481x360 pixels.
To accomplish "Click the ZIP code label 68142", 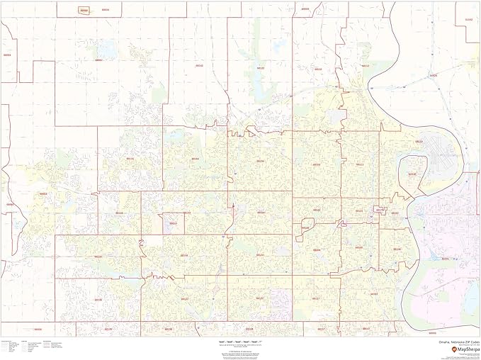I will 199,66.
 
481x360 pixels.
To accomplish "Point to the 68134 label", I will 261,161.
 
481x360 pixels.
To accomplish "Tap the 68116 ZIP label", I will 130,159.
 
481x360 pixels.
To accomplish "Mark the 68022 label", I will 43,193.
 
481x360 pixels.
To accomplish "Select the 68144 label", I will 183,255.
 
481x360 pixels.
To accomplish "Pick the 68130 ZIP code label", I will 98,257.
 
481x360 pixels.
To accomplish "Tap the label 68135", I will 98,300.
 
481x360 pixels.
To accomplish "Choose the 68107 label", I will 374,293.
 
